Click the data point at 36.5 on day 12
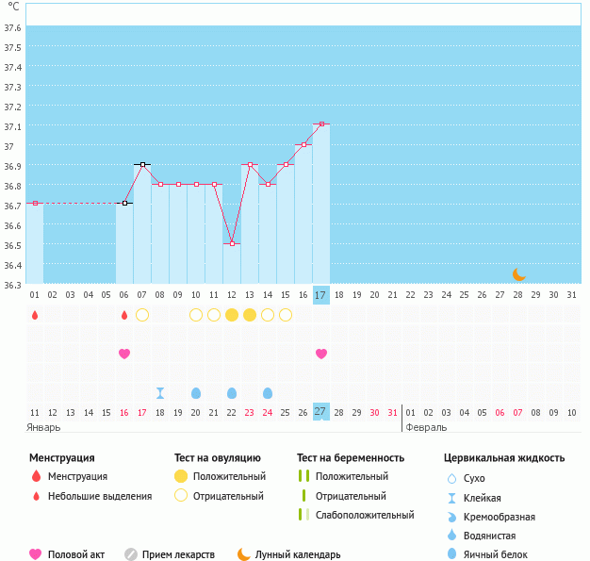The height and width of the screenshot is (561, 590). click(232, 243)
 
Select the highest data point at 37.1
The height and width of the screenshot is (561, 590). click(321, 124)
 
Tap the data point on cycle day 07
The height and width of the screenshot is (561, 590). click(142, 164)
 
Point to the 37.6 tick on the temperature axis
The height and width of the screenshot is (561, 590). click(12, 27)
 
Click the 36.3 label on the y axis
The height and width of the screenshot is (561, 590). click(12, 284)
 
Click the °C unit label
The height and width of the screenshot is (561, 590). click(12, 8)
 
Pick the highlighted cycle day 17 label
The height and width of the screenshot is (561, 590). click(320, 295)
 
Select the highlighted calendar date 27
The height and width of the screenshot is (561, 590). click(320, 412)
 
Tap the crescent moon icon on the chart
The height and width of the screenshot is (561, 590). click(518, 274)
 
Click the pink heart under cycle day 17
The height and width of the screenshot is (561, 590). click(321, 354)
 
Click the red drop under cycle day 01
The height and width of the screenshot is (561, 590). click(35, 315)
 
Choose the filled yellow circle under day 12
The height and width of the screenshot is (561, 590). click(232, 315)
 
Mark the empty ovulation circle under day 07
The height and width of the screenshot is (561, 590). click(142, 315)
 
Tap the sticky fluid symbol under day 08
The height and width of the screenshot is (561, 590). click(160, 392)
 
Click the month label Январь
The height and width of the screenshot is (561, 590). click(43, 427)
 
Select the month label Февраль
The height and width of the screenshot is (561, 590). click(426, 427)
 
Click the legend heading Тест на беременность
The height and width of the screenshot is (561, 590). click(350, 458)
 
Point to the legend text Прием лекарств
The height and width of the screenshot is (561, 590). click(178, 554)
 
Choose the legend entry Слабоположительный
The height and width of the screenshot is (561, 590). click(365, 515)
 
